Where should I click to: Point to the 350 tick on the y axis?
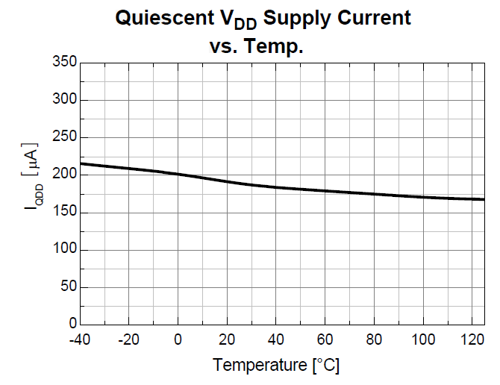coord(66,63)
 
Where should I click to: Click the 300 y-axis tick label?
coord(66,100)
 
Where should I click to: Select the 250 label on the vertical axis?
coord(66,137)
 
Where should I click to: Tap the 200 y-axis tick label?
coord(66,175)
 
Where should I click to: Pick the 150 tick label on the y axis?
coord(66,212)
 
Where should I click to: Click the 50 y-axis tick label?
coord(69,287)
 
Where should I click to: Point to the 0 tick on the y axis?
coord(72,324)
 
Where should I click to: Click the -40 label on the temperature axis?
coord(80,339)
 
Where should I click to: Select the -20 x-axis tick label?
coord(129,339)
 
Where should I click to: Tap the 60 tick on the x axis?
coord(325,339)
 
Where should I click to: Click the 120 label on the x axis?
coord(472,339)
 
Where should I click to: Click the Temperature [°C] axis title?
coord(277,366)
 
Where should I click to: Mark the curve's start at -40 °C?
coord(81,163)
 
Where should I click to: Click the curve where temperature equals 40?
coord(276,187)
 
